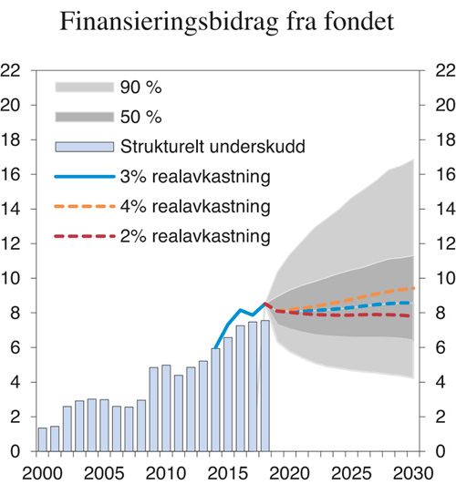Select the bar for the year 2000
point(42,439)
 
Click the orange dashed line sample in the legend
point(85,206)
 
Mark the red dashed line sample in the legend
point(85,236)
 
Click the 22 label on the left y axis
point(13,70)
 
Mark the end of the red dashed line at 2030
point(416,316)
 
